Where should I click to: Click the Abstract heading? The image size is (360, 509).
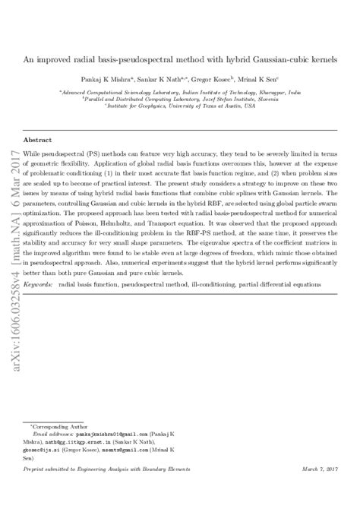(38, 141)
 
